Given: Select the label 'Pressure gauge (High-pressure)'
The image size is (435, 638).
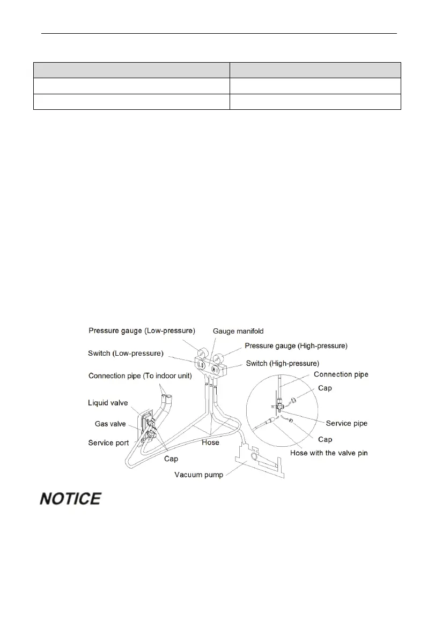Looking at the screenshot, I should [x=296, y=346].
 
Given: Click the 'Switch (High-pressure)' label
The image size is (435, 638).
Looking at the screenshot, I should [x=282, y=364].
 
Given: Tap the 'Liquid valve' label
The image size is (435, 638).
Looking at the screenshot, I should [x=108, y=402].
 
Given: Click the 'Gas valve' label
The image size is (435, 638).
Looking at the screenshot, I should [x=107, y=424].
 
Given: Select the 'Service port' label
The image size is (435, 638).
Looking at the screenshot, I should [x=109, y=442].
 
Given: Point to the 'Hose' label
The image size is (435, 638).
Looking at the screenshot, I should [x=210, y=442].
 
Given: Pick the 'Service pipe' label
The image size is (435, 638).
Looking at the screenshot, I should [x=347, y=423].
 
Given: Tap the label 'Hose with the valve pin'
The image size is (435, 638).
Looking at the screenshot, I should [x=329, y=453].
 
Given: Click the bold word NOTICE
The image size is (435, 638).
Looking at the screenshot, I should [x=70, y=499].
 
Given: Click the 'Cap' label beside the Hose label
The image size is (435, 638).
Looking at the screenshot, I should [x=171, y=459].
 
